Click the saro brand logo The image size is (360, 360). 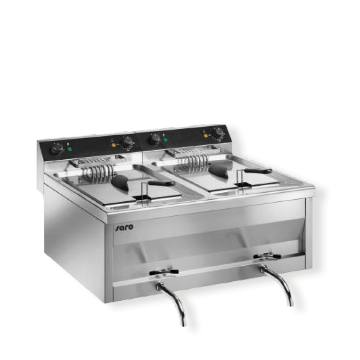pyautogui.click(x=124, y=227)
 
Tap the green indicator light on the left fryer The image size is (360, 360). pyautogui.click(x=70, y=149)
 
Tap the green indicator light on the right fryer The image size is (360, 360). pyautogui.click(x=165, y=139)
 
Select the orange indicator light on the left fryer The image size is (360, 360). pyautogui.click(x=114, y=145)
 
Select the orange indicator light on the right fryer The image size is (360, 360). pyautogui.click(x=206, y=135)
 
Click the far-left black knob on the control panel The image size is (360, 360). pyautogui.click(x=56, y=149)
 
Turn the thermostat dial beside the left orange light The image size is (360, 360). pyautogui.click(x=127, y=141)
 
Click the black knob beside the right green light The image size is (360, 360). pyautogui.click(x=155, y=139)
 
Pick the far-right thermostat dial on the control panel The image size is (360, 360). pyautogui.click(x=219, y=132)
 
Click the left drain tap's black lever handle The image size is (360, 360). pyautogui.click(x=164, y=272)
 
